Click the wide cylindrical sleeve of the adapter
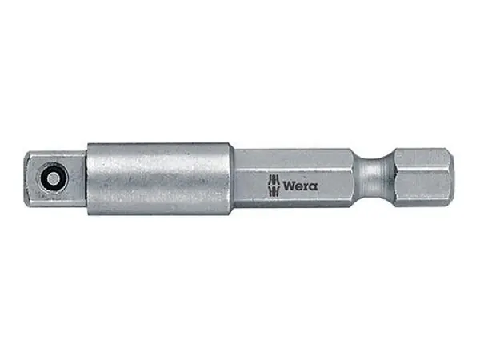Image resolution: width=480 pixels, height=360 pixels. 160,178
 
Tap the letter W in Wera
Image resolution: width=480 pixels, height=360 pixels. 288,186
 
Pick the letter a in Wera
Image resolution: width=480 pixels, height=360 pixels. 313,186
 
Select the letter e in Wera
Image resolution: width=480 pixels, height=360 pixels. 298,186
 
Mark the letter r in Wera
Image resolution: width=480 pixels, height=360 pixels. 306,186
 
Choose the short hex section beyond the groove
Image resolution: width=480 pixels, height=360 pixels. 422,175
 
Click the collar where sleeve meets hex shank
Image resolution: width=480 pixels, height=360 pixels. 234,177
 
